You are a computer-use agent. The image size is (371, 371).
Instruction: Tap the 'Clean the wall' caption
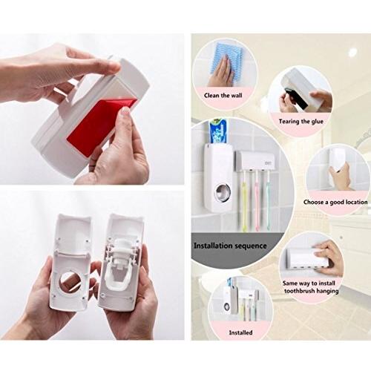coord(223,96)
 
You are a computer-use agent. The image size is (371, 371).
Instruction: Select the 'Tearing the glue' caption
coord(301,122)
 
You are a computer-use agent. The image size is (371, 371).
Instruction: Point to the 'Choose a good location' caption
coord(335,202)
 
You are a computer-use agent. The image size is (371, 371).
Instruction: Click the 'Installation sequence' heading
coord(230,246)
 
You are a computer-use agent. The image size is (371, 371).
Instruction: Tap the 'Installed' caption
coord(240,332)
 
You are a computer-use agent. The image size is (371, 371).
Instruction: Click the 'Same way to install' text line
coord(309,283)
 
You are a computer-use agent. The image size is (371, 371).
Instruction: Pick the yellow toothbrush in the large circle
coord(244,200)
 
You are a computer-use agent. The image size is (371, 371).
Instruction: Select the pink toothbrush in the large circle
coord(257,200)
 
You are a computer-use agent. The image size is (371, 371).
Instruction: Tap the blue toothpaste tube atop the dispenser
coord(219,131)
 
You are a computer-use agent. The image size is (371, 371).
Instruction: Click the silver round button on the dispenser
coord(223,192)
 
